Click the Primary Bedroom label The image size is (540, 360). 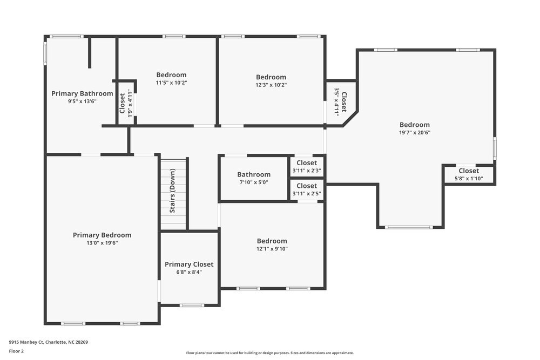coord(102,235)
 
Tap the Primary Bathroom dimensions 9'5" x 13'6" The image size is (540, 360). coord(82,101)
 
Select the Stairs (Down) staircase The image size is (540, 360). coord(173,191)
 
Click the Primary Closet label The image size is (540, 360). coord(189,264)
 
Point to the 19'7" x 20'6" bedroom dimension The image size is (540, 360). coord(415,132)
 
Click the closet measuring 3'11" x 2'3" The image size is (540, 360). coord(307,166)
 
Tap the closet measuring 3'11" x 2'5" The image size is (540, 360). coord(307,189)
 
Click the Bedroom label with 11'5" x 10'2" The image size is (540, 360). coord(171,75)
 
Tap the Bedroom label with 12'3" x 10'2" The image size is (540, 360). coord(271,77)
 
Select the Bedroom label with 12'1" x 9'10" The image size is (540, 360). coord(272,241)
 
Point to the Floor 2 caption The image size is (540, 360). coord(16,351)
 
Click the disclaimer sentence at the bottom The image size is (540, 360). coord(269,352)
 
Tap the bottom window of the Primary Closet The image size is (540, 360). coord(191,305)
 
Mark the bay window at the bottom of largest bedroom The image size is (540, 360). coord(409,227)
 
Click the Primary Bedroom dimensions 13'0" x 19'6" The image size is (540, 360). coord(102,243)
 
